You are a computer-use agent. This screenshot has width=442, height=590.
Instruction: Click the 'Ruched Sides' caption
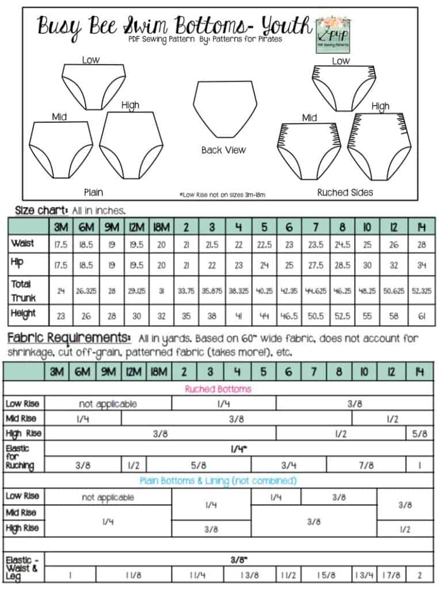pyautogui.click(x=345, y=192)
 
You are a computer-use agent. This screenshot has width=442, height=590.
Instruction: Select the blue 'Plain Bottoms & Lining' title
pyautogui.click(x=218, y=481)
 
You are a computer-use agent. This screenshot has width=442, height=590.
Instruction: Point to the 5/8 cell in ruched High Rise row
pyautogui.click(x=419, y=433)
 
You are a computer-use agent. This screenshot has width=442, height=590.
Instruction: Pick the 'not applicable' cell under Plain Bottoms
pyautogui.click(x=108, y=497)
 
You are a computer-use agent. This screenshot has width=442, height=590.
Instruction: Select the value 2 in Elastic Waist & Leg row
pyautogui.click(x=419, y=574)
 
